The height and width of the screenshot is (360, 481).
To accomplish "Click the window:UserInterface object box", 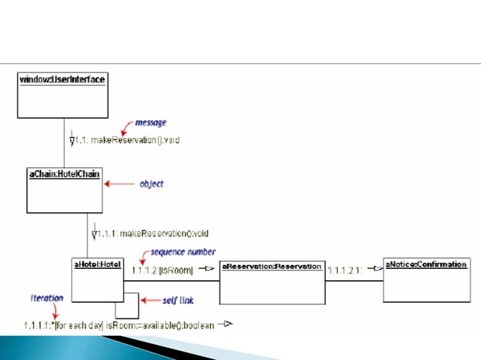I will (63, 95).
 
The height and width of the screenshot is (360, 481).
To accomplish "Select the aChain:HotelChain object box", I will (64, 191).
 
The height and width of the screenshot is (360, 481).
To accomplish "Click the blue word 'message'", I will (150, 122).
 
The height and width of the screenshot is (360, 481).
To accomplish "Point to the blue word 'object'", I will (152, 183).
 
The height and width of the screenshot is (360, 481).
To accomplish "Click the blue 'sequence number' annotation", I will (183, 252).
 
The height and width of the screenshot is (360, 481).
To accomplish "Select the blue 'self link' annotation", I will (179, 301).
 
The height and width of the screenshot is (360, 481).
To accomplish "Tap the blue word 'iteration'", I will (47, 298).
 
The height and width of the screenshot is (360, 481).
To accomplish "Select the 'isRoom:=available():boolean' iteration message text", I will (160, 325).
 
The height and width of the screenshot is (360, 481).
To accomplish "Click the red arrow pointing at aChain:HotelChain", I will (117, 183).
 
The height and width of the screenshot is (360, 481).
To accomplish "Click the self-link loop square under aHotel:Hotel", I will (127, 305).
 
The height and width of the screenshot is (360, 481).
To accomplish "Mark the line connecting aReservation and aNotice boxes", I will (354, 282).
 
